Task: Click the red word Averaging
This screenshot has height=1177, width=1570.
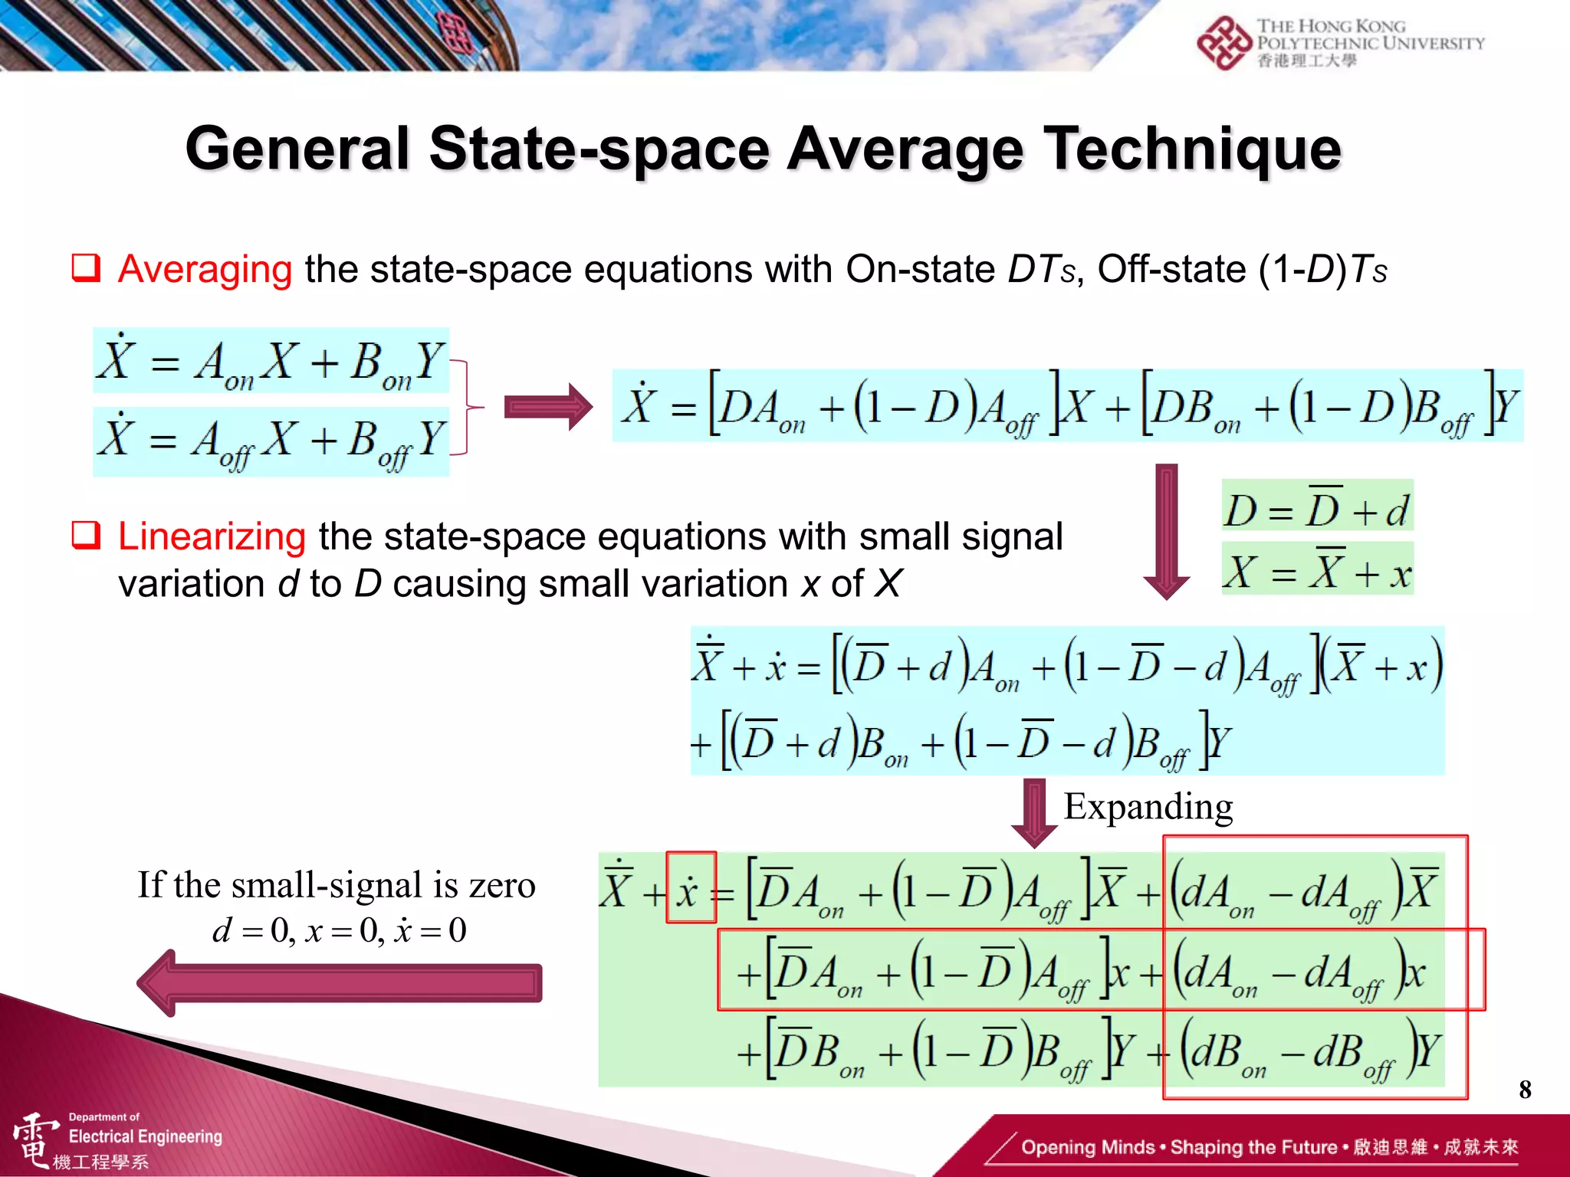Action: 205,270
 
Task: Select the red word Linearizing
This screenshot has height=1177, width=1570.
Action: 212,536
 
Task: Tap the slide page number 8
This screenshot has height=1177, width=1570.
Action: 1525,1089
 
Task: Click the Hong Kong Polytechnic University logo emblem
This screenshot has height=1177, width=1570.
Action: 1223,42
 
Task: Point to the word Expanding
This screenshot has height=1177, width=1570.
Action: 1148,807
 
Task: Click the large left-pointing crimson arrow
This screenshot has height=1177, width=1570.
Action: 339,983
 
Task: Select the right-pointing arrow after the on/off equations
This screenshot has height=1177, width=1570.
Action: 547,407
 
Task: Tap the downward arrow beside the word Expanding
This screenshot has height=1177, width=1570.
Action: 1034,812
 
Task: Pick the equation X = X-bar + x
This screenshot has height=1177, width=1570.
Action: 1316,570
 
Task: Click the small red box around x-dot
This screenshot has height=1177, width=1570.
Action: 691,887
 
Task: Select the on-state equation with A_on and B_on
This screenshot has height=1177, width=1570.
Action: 271,361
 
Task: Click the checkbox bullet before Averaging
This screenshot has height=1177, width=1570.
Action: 86,269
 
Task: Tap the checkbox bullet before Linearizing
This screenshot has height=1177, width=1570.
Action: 86,536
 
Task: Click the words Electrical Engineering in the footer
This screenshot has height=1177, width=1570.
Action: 146,1136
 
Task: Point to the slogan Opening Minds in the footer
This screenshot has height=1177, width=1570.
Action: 1088,1147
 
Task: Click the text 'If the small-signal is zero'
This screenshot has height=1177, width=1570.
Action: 337,885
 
